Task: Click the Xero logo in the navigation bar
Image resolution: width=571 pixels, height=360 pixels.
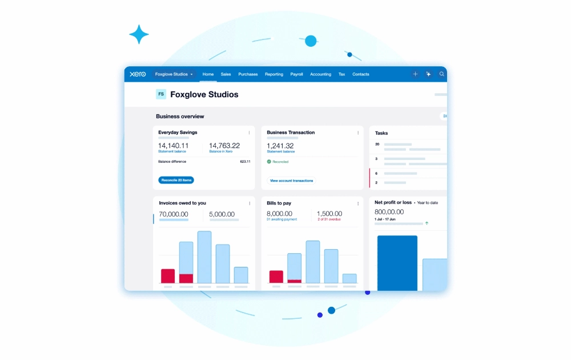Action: click(138, 74)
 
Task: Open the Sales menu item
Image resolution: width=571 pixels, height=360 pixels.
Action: click(226, 74)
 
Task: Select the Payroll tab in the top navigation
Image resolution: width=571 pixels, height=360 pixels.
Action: click(296, 74)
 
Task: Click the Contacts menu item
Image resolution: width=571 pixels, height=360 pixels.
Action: click(360, 74)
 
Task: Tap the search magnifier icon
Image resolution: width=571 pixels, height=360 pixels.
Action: click(442, 74)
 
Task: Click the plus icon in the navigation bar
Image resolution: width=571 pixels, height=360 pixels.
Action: click(415, 74)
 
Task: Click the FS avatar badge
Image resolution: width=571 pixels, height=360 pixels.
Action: click(161, 94)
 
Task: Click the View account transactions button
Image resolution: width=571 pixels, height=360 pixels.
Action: click(291, 181)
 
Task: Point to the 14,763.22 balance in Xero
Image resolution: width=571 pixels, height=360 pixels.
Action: click(224, 146)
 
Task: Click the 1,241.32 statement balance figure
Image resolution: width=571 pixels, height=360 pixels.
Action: click(280, 146)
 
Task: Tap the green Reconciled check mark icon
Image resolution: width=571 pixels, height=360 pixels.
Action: click(269, 162)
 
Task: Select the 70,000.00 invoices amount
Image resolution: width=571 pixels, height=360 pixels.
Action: click(174, 214)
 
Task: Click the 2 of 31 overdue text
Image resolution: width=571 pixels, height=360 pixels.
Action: click(329, 219)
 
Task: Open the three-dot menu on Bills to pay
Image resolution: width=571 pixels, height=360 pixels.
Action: click(358, 203)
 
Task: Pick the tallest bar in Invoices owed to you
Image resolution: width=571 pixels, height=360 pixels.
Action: click(204, 257)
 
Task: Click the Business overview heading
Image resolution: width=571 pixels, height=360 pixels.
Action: click(180, 117)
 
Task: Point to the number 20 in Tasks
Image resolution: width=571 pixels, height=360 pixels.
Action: click(377, 144)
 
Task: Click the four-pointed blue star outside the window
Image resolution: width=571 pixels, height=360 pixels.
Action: click(139, 35)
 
